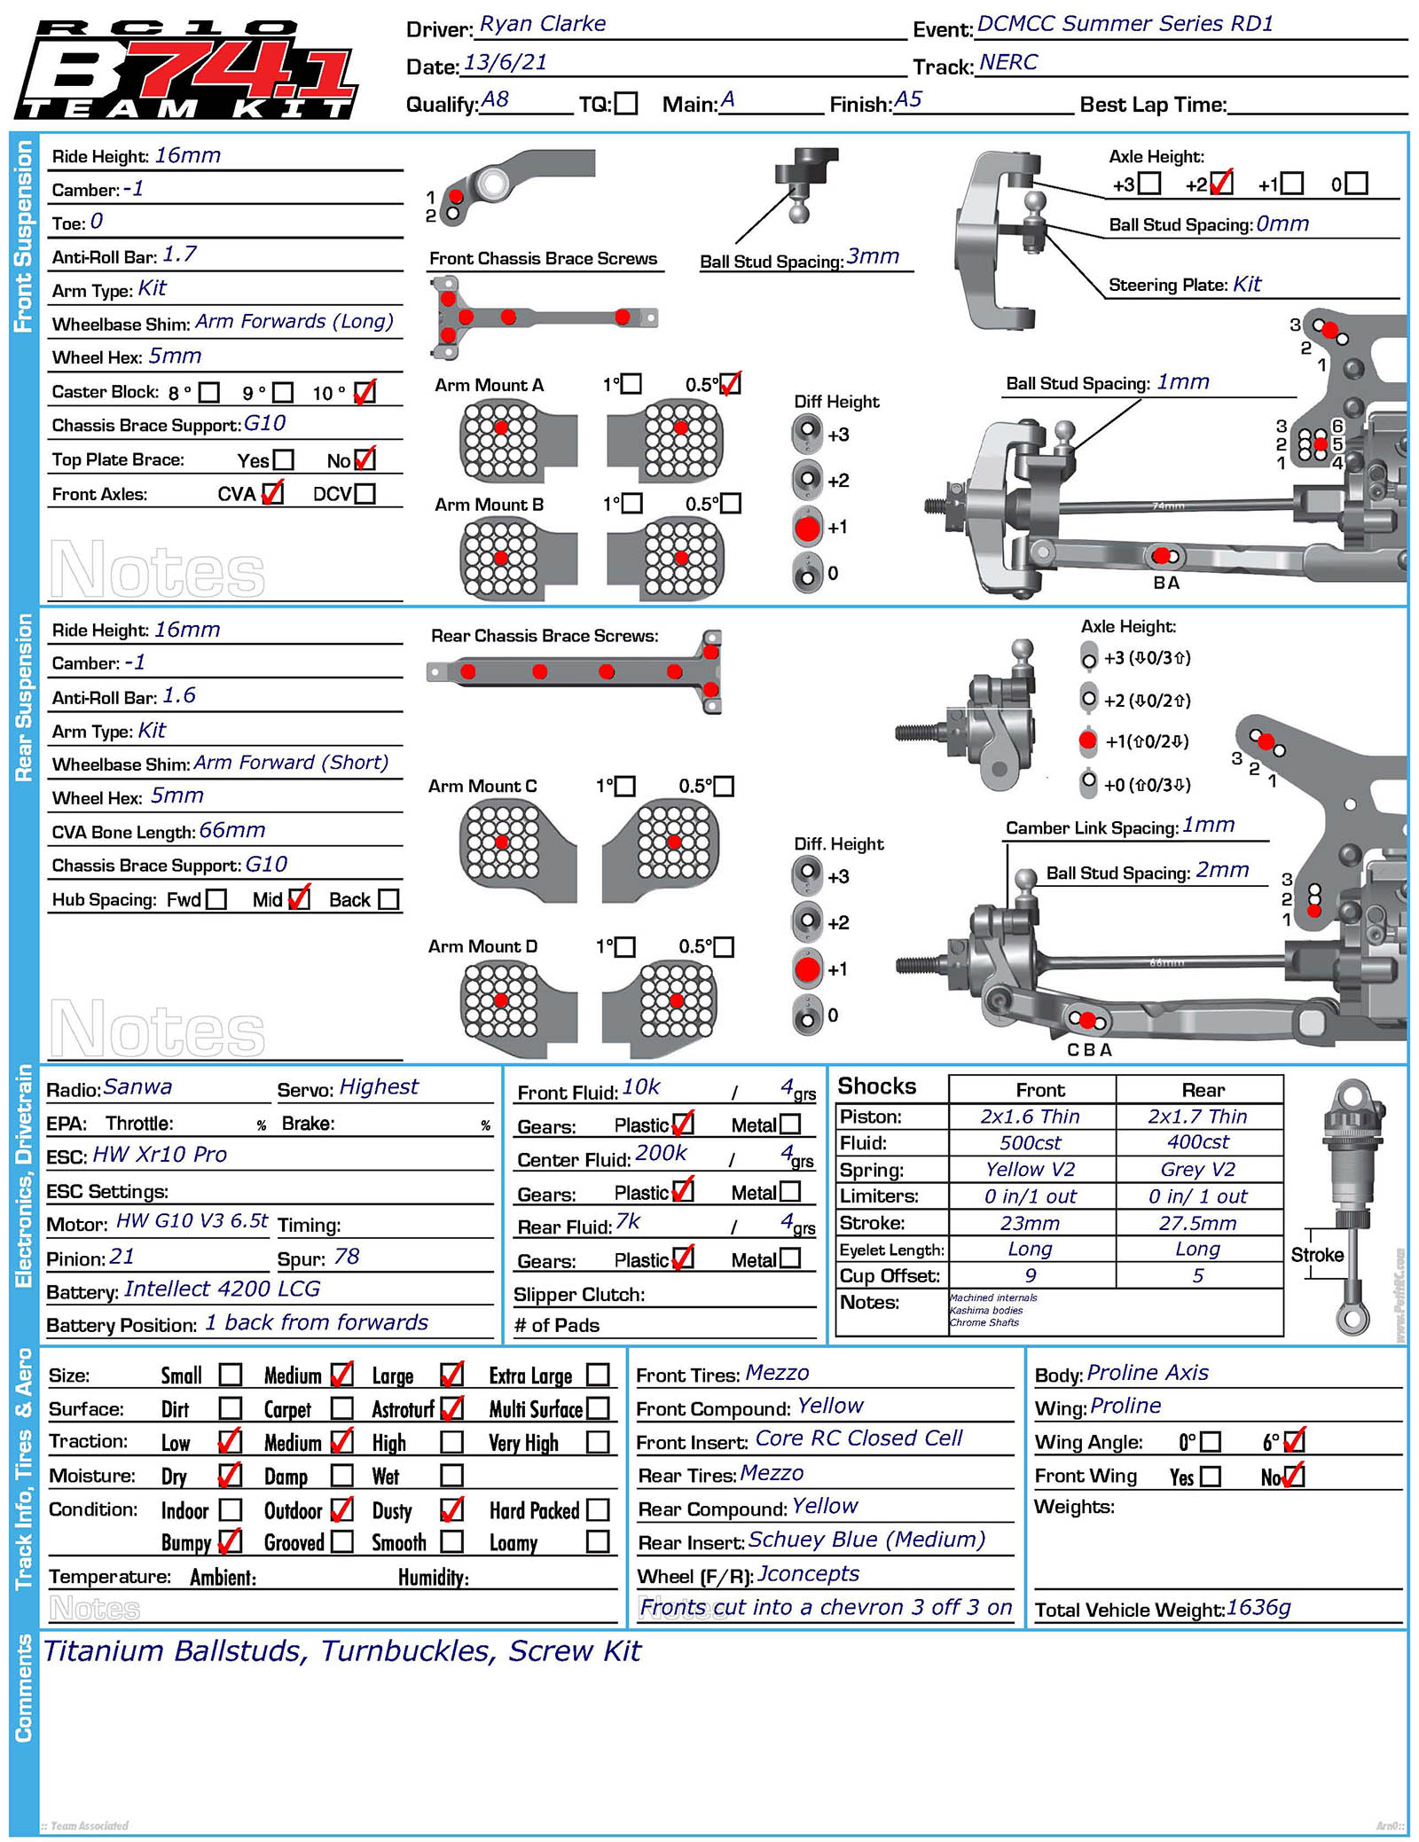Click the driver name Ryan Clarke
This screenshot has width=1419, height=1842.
tap(542, 24)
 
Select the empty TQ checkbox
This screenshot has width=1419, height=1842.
tap(626, 104)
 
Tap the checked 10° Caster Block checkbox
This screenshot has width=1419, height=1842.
tap(365, 392)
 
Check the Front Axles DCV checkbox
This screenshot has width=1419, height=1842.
tap(365, 493)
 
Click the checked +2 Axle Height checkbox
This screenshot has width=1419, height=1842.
tap(1221, 184)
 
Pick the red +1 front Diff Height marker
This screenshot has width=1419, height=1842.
tap(807, 528)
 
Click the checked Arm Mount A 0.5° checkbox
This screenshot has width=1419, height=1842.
tap(730, 384)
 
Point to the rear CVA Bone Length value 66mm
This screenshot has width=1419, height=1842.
tap(232, 830)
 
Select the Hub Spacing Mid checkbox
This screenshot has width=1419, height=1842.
tap(300, 898)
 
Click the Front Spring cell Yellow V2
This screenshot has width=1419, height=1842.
tap(1030, 1169)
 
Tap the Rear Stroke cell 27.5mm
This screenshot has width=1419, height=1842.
tap(1197, 1223)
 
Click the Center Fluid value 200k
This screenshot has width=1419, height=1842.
tap(661, 1153)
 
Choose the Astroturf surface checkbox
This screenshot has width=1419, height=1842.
tap(451, 1408)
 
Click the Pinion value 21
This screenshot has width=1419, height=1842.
tap(122, 1257)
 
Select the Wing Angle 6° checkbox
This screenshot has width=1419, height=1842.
tap(1294, 1441)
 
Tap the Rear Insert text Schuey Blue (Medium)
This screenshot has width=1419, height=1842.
tap(866, 1540)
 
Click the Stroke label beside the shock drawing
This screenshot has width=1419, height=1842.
tap(1316, 1255)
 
